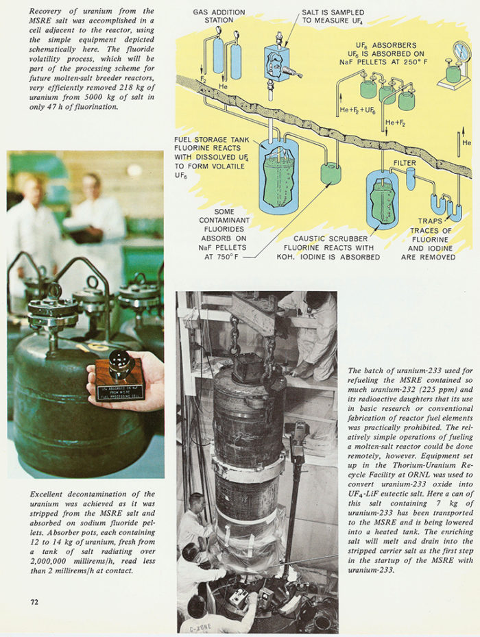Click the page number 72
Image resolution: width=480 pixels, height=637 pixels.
(x=34, y=602)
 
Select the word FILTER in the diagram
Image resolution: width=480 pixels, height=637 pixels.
(x=405, y=163)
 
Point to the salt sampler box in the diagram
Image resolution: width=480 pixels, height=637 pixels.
(x=277, y=62)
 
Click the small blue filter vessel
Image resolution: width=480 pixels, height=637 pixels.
(x=411, y=179)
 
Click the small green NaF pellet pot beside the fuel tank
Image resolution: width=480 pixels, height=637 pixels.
(x=331, y=173)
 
